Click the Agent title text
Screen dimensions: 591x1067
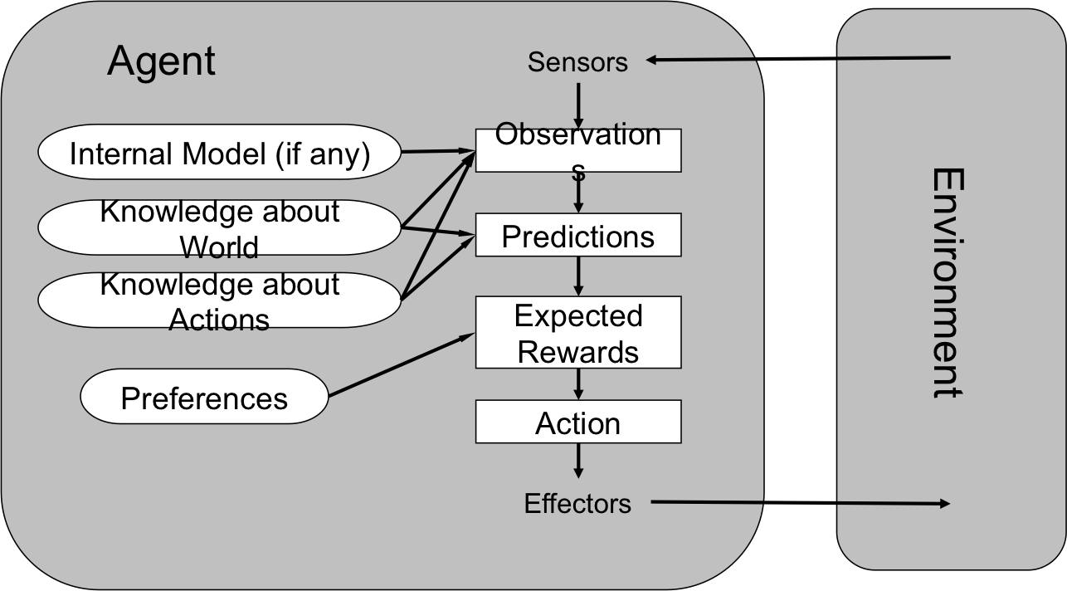coord(161,62)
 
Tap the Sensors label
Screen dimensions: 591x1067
coord(577,62)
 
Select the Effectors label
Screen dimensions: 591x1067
coord(577,504)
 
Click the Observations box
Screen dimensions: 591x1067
coord(577,150)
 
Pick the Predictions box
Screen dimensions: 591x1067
coord(577,236)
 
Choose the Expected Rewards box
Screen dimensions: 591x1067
coord(577,332)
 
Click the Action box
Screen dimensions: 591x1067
coord(577,422)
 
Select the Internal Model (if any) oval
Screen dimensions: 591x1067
coord(219,154)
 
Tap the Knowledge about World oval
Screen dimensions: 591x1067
coord(219,228)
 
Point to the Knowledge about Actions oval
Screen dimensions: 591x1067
coord(219,301)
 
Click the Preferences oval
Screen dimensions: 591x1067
coord(204,398)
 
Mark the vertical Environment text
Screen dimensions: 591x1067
coord(947,282)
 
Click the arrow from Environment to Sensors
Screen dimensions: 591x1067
coord(797,59)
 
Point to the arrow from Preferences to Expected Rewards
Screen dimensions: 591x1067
coord(402,365)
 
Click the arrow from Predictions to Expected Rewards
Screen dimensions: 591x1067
coord(578,276)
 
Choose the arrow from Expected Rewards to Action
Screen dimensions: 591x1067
coord(578,383)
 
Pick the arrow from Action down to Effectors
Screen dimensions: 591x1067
coord(578,461)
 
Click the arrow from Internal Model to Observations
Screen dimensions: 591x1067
coord(437,152)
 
